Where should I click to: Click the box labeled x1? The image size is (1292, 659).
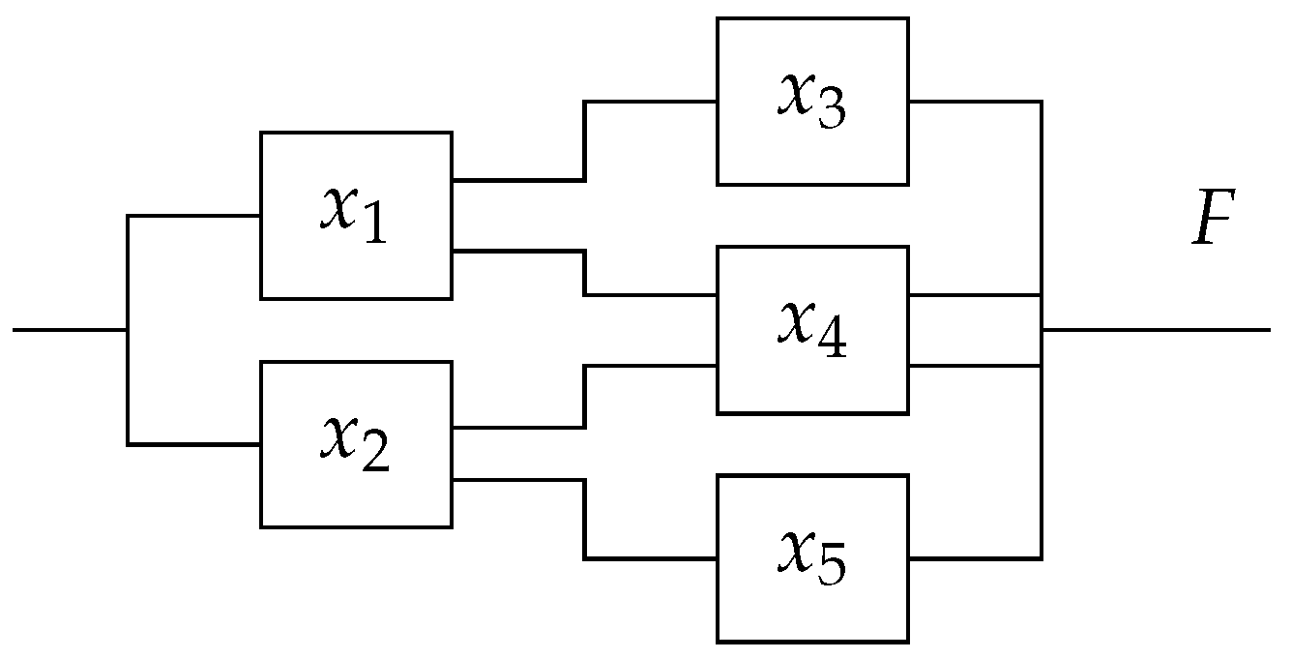[x=355, y=215]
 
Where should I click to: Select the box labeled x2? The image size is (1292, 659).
[x=355, y=444]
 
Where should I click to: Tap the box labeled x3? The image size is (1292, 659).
[x=811, y=101]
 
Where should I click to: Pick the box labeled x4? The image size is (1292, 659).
[x=811, y=330]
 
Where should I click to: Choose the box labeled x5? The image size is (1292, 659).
[x=811, y=558]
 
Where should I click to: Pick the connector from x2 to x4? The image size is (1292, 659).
[x=584, y=396]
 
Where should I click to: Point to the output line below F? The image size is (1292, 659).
[x=1160, y=330]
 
